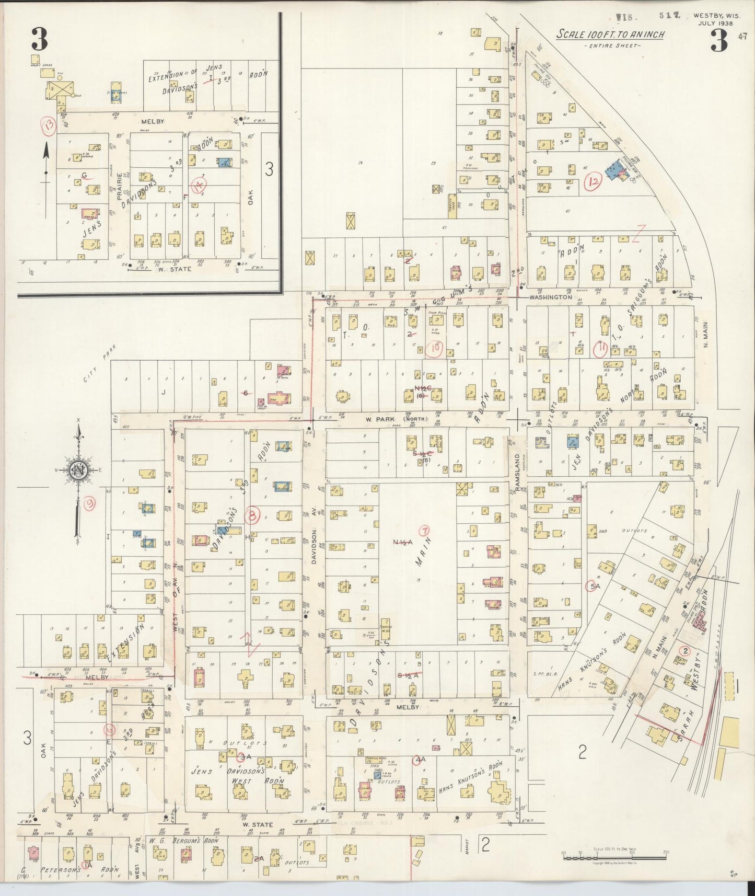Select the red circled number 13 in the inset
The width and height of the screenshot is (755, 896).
coord(49,126)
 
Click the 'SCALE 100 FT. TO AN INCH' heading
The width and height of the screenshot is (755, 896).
coord(610,35)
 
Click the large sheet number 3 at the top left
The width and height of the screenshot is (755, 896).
coord(39,39)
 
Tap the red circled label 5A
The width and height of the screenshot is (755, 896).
coord(594,587)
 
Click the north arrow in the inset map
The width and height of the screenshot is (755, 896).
coord(46,157)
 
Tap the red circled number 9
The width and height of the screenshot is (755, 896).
coord(90,503)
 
